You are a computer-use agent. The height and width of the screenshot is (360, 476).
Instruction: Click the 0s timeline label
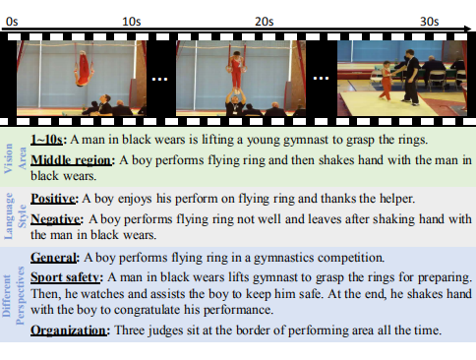coord(12,22)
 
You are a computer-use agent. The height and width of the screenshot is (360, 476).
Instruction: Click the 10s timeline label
coord(132,22)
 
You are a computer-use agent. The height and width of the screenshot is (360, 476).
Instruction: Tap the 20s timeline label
coord(265,22)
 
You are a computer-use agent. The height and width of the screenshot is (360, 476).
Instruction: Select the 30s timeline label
coord(429,22)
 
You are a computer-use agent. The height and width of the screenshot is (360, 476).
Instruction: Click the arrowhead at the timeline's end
coord(467,29)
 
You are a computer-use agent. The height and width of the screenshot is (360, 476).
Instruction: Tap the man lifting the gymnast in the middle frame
coord(235,102)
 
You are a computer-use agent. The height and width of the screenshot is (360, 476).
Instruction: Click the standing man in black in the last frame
coord(410,78)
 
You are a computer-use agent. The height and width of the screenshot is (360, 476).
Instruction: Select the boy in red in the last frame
coord(387,81)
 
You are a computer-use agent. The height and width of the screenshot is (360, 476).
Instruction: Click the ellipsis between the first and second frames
coord(160,79)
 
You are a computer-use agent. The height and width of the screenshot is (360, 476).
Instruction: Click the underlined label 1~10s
coord(46,140)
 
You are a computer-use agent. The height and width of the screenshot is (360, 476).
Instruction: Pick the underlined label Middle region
coord(71,160)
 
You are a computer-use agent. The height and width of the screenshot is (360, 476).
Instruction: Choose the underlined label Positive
coord(53,199)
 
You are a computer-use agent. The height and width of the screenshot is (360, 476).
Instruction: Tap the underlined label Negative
coord(55,219)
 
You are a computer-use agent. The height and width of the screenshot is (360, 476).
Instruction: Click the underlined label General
coord(53,258)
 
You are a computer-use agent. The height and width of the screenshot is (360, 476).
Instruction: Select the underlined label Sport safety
coord(65,277)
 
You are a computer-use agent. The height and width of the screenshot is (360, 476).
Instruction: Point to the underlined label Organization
coord(69,330)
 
